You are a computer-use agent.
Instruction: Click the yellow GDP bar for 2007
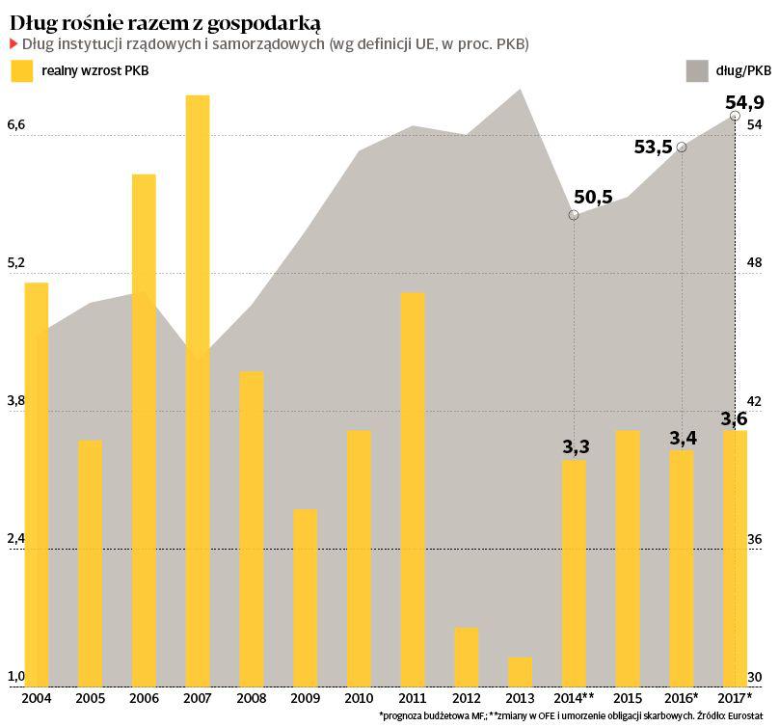pyautogui.click(x=198, y=390)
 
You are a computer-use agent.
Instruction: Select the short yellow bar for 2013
pyautogui.click(x=520, y=672)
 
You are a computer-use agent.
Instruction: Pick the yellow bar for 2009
pyautogui.click(x=305, y=598)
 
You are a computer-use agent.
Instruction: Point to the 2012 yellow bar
pyautogui.click(x=466, y=657)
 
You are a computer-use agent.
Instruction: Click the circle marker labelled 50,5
pyautogui.click(x=574, y=215)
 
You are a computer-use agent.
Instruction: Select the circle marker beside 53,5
pyautogui.click(x=682, y=147)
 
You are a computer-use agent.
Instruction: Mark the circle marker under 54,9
pyautogui.click(x=736, y=116)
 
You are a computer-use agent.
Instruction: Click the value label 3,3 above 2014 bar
pyautogui.click(x=576, y=447)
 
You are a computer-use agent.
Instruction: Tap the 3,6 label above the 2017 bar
pyautogui.click(x=735, y=418)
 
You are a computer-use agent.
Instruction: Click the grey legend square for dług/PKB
pyautogui.click(x=695, y=70)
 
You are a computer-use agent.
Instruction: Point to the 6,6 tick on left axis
pyautogui.click(x=16, y=125)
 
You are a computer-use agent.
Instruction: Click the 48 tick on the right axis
pyautogui.click(x=756, y=263)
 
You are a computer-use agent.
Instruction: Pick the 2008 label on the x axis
pyautogui.click(x=251, y=697)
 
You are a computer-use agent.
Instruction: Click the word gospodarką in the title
pyautogui.click(x=259, y=21)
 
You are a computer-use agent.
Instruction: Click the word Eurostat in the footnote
pyautogui.click(x=752, y=715)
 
